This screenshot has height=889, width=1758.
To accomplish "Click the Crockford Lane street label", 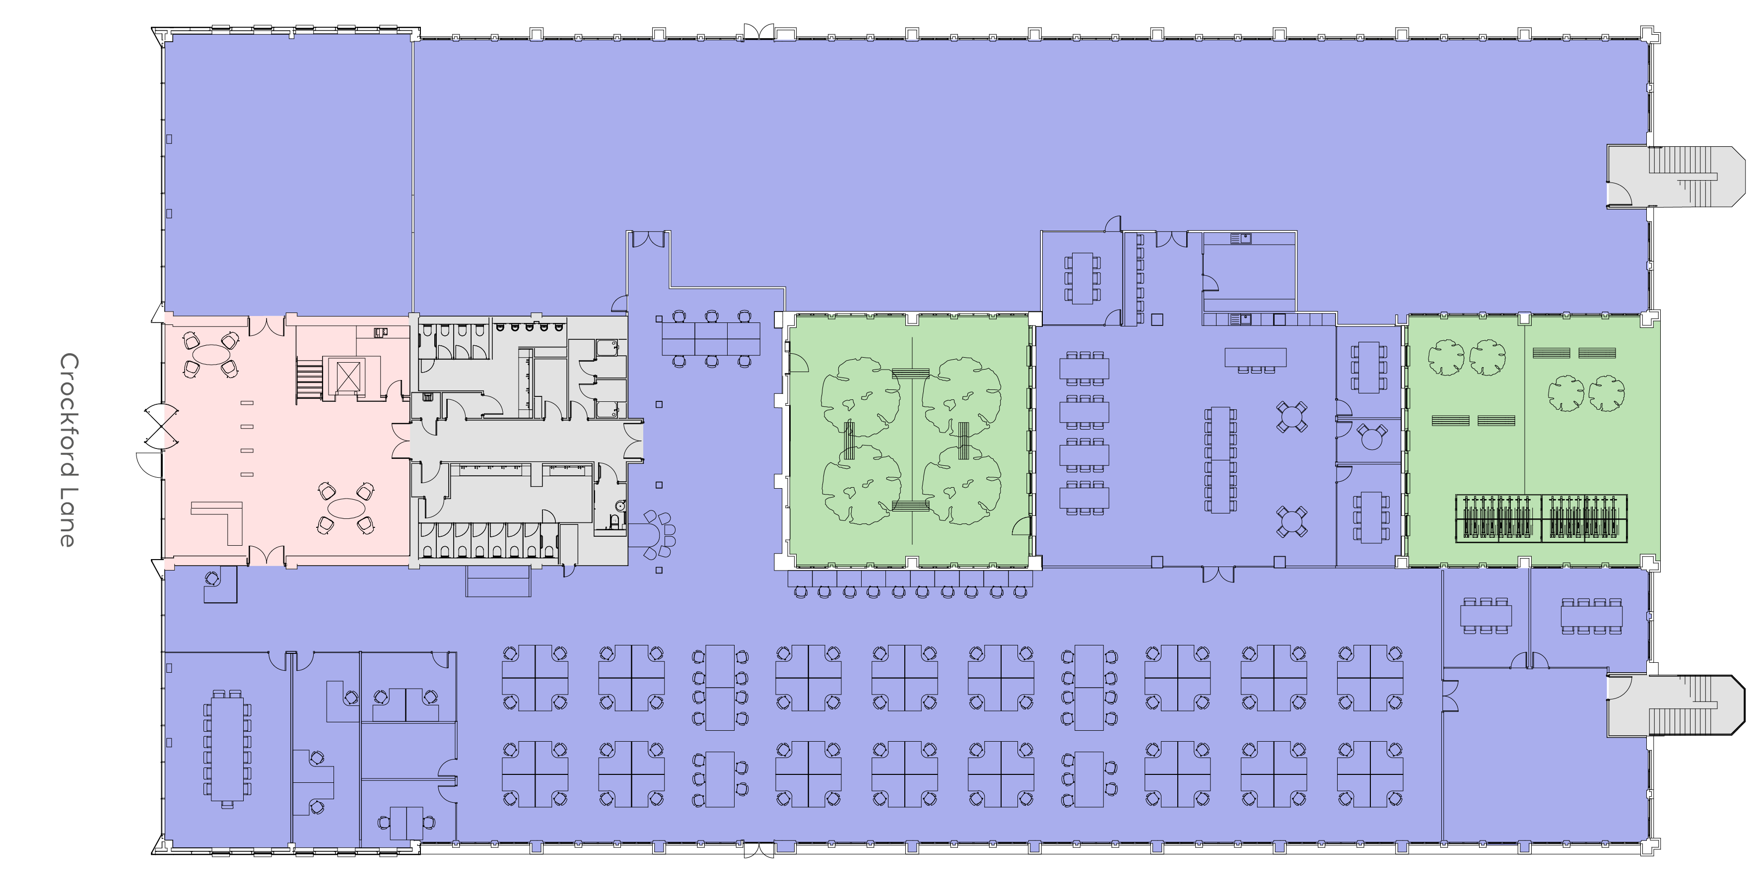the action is [69, 450].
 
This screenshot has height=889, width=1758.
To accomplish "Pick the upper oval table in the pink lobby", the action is [211, 355].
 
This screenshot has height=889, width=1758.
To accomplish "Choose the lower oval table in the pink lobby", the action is [346, 508].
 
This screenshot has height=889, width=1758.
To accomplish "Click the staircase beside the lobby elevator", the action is [309, 380].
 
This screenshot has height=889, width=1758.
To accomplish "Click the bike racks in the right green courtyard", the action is [1541, 518].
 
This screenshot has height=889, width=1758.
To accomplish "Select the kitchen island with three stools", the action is [1255, 360].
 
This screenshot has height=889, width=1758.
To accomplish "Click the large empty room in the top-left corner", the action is [288, 174].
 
